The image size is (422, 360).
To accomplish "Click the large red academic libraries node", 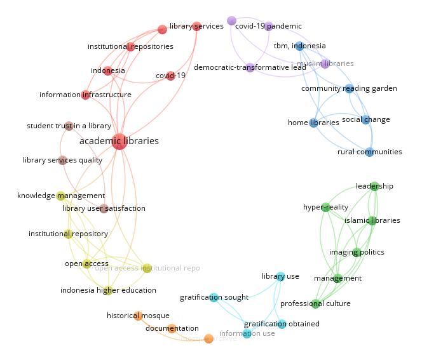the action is click(119, 142).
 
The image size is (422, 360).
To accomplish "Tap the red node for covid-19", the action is click(170, 76).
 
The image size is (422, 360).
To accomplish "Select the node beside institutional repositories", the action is click(130, 47).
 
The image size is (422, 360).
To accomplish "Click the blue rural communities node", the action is click(369, 152).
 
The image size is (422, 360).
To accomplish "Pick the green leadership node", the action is click(374, 186).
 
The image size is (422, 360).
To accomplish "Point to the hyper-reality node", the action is click(325, 207).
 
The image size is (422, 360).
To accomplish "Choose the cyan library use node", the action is click(280, 276).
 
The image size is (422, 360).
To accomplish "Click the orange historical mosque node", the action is click(138, 316).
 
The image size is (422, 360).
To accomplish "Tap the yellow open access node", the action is click(86, 263).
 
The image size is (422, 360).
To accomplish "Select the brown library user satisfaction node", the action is click(104, 208).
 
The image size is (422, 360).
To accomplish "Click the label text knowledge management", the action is click(61, 196).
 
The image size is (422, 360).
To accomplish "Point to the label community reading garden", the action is click(349, 88).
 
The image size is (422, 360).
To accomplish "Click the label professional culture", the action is click(315, 303).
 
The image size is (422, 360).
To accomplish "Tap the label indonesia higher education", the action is click(108, 290).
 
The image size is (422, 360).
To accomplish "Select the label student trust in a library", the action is click(69, 126).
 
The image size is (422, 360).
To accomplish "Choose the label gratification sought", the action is click(214, 297).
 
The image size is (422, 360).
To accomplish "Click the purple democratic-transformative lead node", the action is click(250, 67).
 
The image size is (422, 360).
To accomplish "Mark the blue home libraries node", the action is click(313, 123).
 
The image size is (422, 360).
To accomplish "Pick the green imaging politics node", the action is click(357, 252).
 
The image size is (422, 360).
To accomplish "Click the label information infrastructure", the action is click(85, 95).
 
